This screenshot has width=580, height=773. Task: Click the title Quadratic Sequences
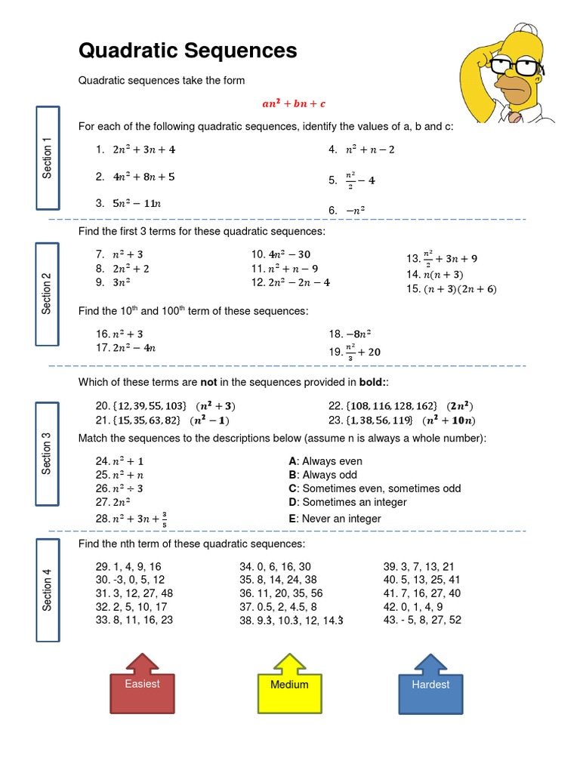click(x=187, y=51)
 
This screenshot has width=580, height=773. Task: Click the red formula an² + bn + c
click(x=294, y=103)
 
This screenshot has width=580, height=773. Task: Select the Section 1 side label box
click(x=48, y=159)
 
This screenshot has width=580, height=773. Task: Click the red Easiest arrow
click(x=142, y=685)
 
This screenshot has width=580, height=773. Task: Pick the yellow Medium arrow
click(x=289, y=685)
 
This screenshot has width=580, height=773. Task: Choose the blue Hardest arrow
click(x=430, y=685)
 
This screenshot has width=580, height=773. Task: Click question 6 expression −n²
click(x=355, y=211)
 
